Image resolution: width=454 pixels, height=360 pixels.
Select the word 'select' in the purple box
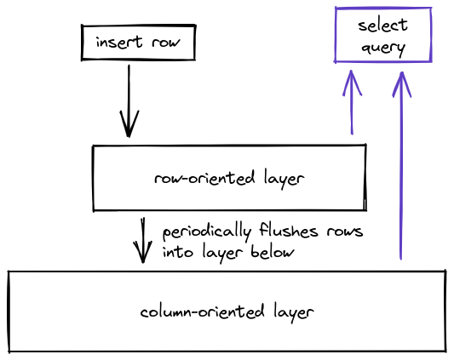coord(382,25)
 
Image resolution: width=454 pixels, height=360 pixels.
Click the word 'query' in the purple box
coord(382,48)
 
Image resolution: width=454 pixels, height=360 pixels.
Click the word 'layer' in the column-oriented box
coord(290,311)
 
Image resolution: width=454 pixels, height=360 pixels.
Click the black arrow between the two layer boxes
coord(143,240)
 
